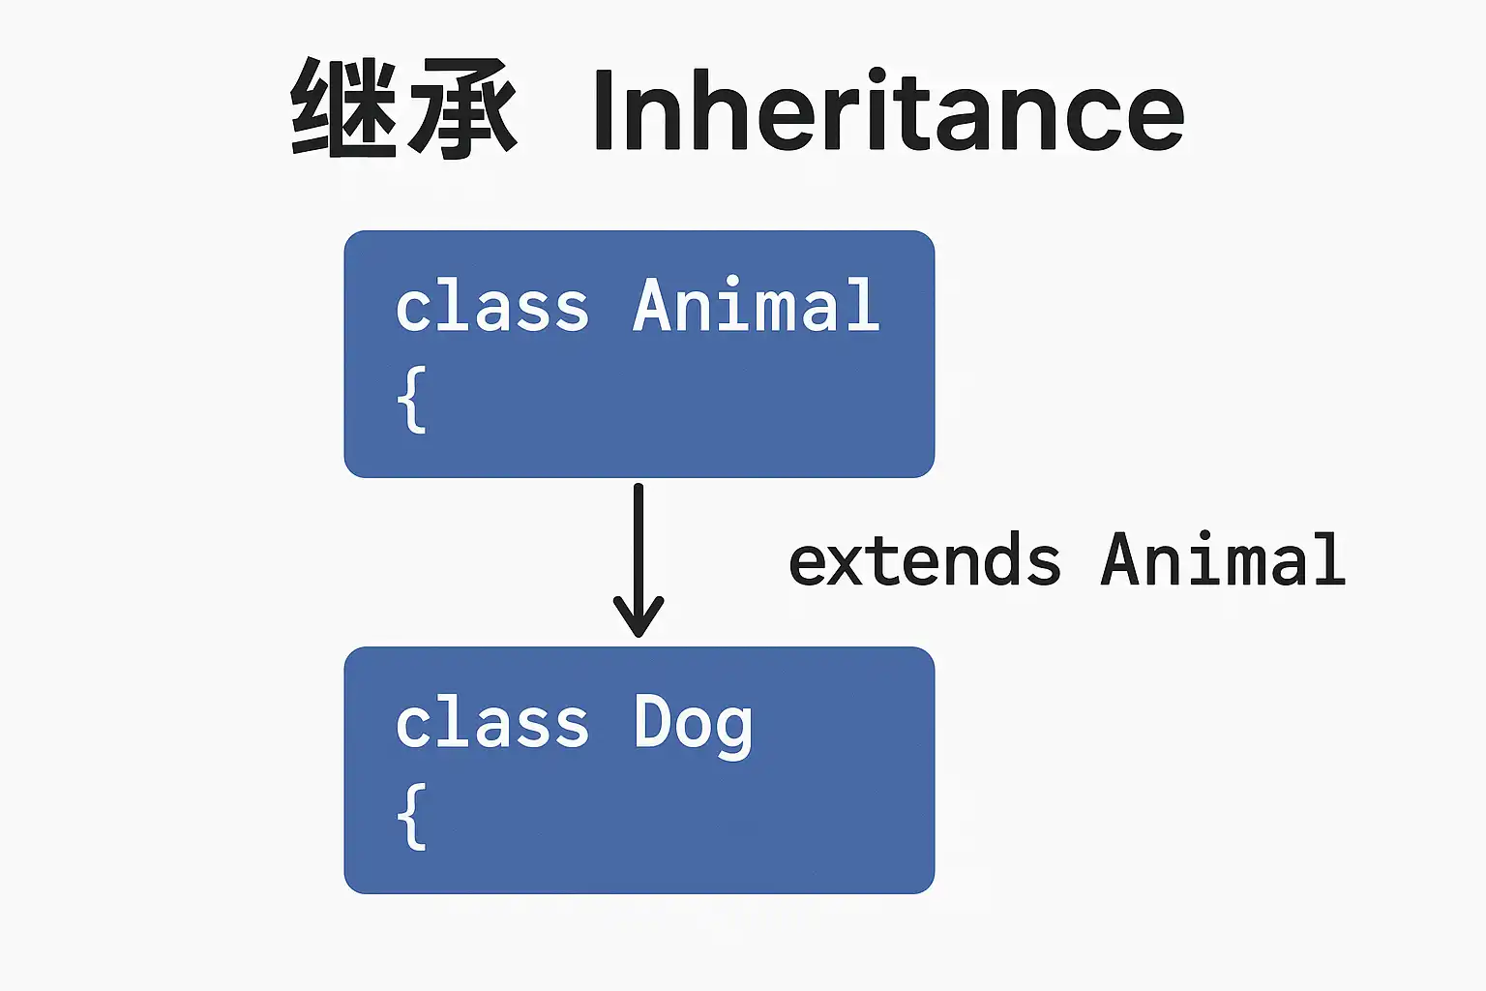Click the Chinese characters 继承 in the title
tap(403, 108)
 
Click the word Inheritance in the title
tap(889, 109)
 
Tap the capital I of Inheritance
tap(604, 109)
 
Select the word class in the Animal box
tap(491, 305)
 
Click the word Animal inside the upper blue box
tap(757, 305)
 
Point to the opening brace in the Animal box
tap(412, 401)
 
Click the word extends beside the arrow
tap(925, 559)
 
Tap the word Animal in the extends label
tap(1223, 559)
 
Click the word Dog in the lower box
tap(694, 726)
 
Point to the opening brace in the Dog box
tap(412, 817)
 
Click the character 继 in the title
tap(344, 108)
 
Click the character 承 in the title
tap(462, 108)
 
